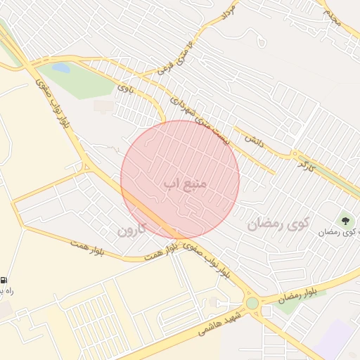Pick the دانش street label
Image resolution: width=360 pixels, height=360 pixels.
pos(253,140)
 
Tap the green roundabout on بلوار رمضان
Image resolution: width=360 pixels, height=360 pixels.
pos(252,303)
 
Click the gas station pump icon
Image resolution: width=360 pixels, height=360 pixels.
pos(4,279)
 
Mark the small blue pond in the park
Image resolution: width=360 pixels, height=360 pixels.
pos(61,68)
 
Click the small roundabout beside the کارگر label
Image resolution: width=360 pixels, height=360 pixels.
pos(293,154)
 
